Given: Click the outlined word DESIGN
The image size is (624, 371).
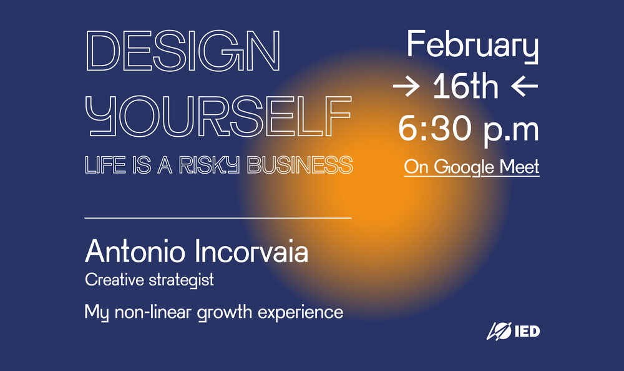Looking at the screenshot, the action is (183, 51).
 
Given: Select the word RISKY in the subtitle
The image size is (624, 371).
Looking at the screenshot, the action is (209, 165).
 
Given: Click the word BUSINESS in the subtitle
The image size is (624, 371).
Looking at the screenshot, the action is (300, 165).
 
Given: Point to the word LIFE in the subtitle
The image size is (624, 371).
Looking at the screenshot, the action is (105, 165).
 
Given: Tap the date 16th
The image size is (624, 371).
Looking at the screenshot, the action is (466, 86).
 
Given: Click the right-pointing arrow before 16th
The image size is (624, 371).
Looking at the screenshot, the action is (406, 86).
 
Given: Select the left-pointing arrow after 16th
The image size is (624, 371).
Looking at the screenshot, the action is (525, 86).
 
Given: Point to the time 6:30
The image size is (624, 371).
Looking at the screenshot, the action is (434, 128).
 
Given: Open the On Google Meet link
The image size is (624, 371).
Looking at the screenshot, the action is (472, 167).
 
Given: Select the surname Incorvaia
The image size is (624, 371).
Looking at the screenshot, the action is (252, 252).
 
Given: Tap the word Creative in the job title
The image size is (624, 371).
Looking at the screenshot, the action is (115, 280).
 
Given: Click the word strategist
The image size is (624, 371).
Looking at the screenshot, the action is (182, 280).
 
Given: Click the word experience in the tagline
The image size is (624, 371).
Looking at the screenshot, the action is (301, 313).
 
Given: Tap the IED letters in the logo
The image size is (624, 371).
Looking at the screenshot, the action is (527, 331).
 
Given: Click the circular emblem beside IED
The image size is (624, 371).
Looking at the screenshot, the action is (499, 331).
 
